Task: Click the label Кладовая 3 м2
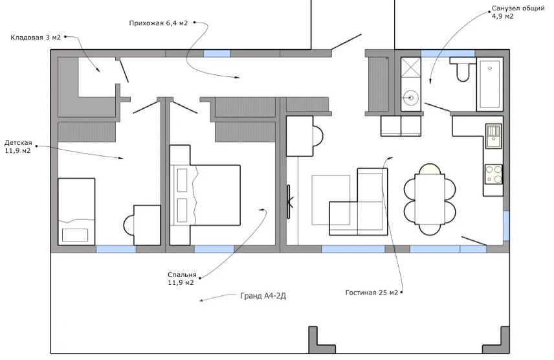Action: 36,38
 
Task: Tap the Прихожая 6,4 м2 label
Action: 159,23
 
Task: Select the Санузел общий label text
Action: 518,8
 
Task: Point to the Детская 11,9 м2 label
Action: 18,147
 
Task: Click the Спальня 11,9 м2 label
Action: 182,278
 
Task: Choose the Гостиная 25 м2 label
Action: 371,293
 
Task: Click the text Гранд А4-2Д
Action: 263,296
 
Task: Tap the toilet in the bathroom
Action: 463,69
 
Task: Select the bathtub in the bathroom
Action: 490,84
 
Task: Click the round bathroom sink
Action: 410,97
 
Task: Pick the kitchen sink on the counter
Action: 494,136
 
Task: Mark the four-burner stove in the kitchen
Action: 494,174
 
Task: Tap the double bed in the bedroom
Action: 205,195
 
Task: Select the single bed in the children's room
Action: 76,212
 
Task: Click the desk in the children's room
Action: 147,225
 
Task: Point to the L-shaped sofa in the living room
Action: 359,202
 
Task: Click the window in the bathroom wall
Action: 448,53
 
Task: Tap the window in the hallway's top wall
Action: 217,53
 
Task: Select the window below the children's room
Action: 116,249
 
